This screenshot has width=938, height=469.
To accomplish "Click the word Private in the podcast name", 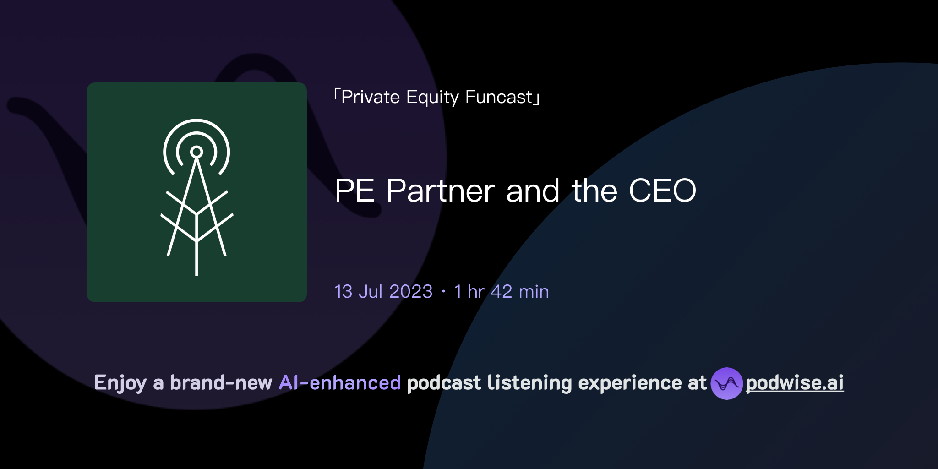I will click(371, 97).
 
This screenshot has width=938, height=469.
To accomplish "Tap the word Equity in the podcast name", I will click(432, 98).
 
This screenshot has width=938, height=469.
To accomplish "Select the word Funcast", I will click(499, 97).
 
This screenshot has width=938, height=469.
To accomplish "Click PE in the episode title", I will click(354, 191).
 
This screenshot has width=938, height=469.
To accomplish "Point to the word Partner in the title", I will click(441, 191).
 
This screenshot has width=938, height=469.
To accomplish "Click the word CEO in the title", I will click(662, 191).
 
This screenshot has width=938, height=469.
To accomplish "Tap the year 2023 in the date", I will click(411, 292).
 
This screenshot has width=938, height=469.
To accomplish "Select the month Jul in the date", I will click(371, 292).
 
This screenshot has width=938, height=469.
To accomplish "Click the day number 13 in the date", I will click(344, 292).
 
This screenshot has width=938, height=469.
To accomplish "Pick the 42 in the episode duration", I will click(502, 292).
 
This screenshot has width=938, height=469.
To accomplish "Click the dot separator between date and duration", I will click(443, 292).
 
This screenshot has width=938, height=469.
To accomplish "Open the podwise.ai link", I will click(795, 383).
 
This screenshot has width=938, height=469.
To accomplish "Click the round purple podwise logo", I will click(726, 383).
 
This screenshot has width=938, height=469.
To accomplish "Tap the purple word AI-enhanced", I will click(340, 383).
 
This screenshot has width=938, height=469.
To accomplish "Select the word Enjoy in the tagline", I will click(120, 383).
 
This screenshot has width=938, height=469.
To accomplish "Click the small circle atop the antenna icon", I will click(196, 152).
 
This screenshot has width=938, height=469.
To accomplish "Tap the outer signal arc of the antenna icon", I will click(196, 121).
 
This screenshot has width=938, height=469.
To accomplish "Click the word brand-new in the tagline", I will click(221, 383).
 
